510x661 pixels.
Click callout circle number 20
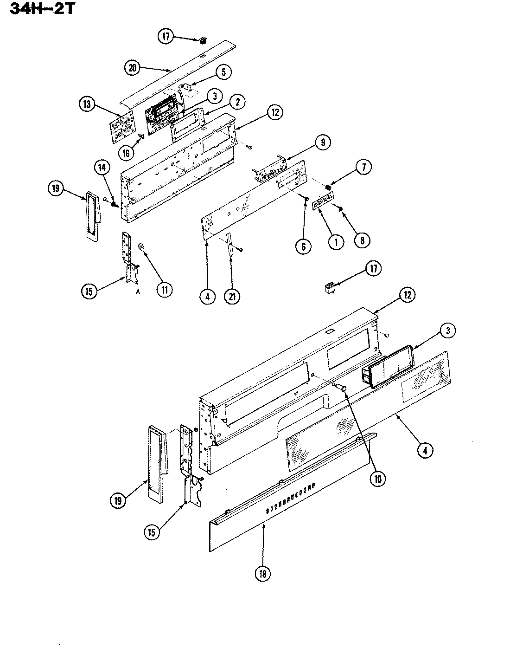pyautogui.click(x=133, y=68)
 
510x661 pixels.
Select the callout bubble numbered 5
pyautogui.click(x=223, y=72)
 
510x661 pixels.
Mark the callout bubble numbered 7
pyautogui.click(x=363, y=168)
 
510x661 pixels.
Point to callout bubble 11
pyautogui.click(x=164, y=290)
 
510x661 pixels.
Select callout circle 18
pyautogui.click(x=262, y=574)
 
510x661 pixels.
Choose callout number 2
pyautogui.click(x=237, y=102)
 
